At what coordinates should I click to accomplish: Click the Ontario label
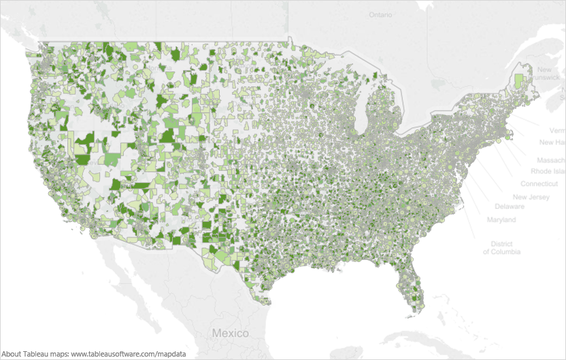point(381,14)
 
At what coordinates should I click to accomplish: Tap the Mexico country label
point(231,333)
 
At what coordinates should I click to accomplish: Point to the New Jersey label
point(531,197)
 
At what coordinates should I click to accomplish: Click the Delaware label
point(510,206)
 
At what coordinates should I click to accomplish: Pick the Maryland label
point(501,220)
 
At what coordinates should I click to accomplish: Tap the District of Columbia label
point(502,248)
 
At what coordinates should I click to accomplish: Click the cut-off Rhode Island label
point(547,171)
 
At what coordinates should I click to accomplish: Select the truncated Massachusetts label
point(550,159)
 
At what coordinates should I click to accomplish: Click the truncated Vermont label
point(557,129)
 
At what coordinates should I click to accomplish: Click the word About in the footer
point(13,354)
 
